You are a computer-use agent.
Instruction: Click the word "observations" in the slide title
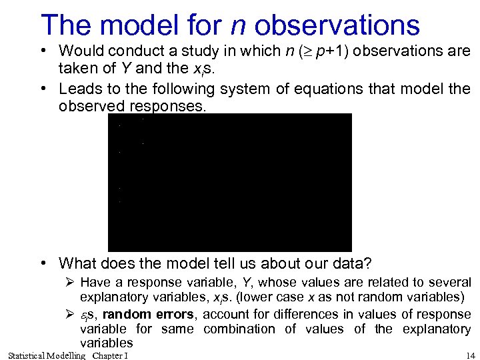tap(337, 25)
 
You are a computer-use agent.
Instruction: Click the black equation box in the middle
tap(229, 182)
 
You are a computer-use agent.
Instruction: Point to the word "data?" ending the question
tap(351, 263)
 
